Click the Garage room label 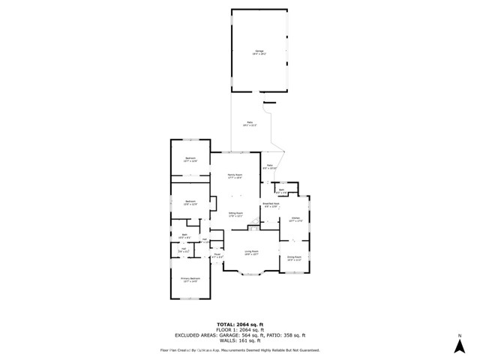[259, 53]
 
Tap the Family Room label [235, 176]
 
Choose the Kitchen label [295, 220]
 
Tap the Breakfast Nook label [271, 205]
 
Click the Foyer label [217, 256]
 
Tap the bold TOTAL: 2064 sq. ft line [239, 324]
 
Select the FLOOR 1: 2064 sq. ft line [239, 329]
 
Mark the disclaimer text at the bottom [239, 349]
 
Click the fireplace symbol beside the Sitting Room [255, 222]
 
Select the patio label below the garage [250, 124]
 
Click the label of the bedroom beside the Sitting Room [190, 202]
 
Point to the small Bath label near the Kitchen [282, 192]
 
